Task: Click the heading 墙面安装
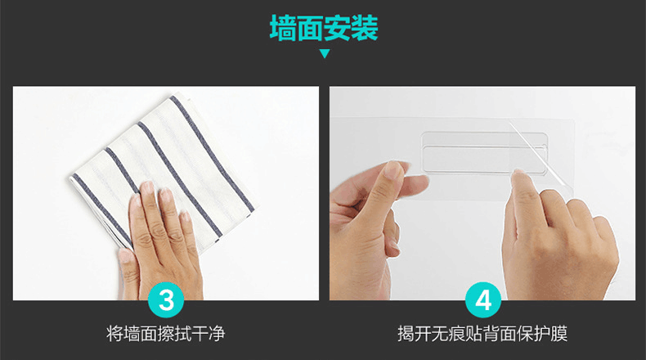tap(324, 28)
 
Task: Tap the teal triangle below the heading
tap(325, 54)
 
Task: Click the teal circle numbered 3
tap(166, 299)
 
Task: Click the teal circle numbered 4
tap(483, 299)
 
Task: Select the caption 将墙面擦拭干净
tap(166, 333)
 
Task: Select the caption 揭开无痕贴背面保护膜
tap(482, 333)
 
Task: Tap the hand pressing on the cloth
tap(159, 239)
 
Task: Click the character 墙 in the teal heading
tap(284, 28)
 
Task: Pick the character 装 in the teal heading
tap(365, 28)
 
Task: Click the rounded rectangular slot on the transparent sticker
tap(484, 152)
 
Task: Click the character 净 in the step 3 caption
tap(217, 333)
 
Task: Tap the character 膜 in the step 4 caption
tap(559, 333)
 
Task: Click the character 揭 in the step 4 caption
tap(406, 333)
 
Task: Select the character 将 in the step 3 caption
tap(114, 333)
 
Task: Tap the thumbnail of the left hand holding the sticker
tap(394, 169)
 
